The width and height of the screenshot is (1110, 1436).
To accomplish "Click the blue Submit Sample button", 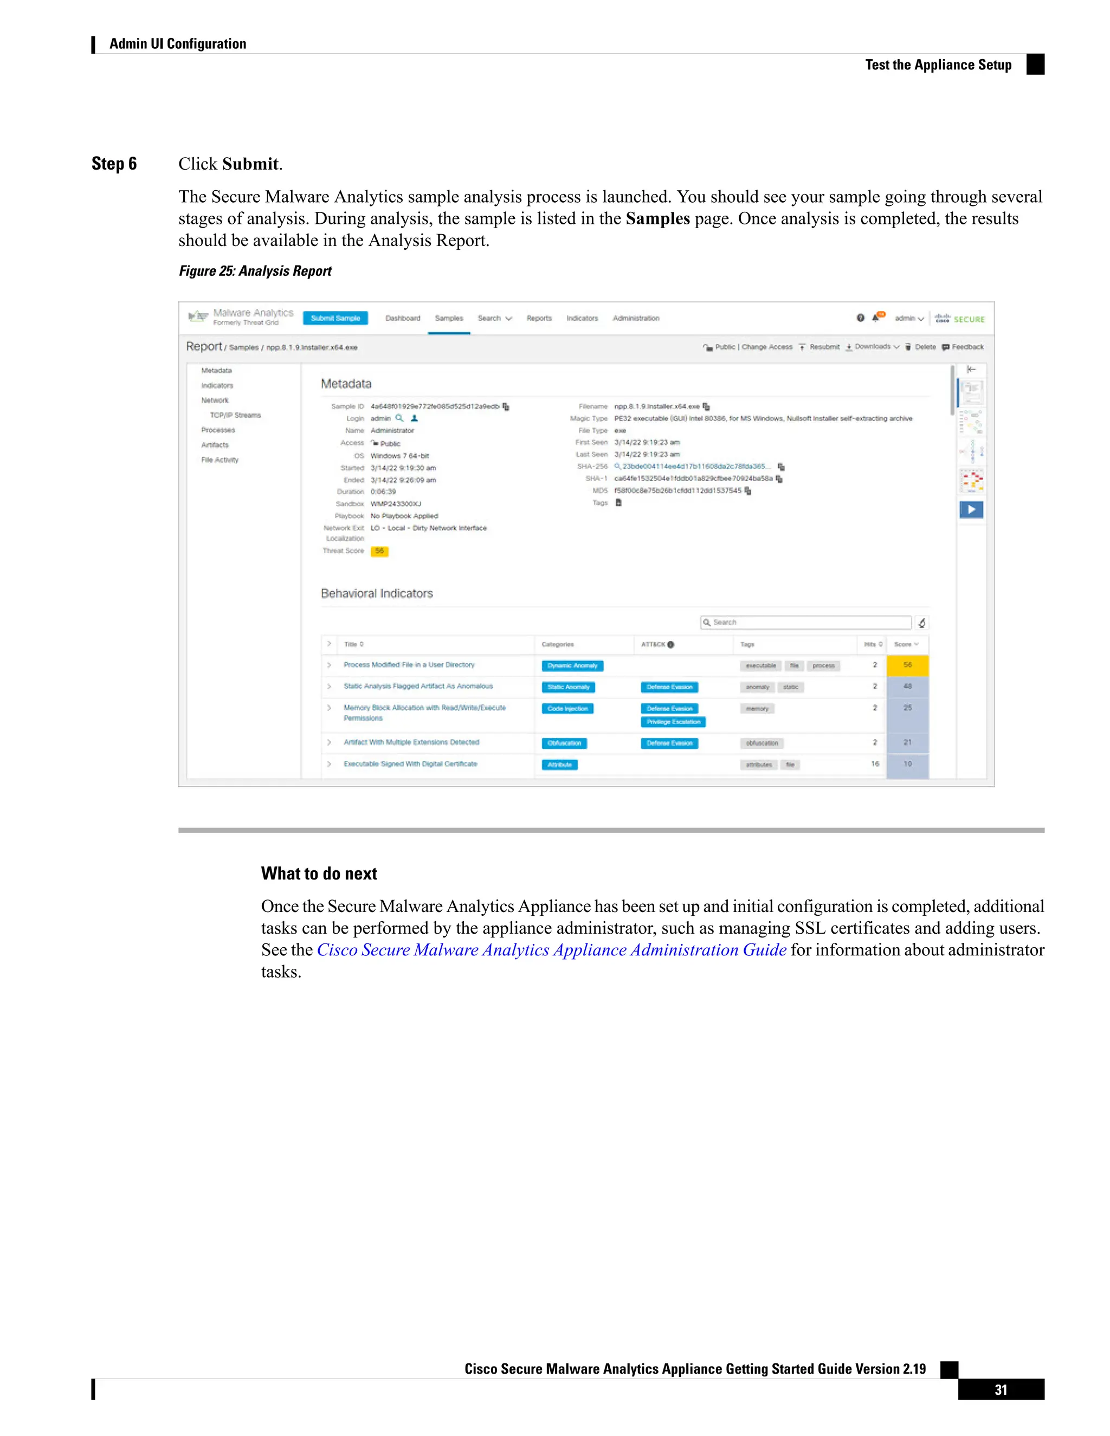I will [x=335, y=318].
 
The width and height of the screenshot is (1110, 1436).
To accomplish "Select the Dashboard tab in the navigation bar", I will [x=403, y=318].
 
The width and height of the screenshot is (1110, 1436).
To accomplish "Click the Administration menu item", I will [x=636, y=318].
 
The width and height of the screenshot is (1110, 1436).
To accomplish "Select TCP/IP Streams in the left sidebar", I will [x=235, y=416].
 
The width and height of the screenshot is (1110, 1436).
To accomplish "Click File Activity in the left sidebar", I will [x=220, y=460].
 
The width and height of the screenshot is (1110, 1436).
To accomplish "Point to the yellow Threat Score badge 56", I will [x=379, y=552].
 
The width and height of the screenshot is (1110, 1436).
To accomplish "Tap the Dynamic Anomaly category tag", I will [x=572, y=666].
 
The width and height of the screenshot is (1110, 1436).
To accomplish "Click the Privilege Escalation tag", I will [x=673, y=722].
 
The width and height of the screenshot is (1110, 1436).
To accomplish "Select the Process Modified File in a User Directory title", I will [x=408, y=665].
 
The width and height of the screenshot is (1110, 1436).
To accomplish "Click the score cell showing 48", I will [x=907, y=687].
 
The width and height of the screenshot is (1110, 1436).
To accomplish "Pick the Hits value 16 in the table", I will [x=875, y=764].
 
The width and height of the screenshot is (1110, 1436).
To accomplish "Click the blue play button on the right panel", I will [x=971, y=509].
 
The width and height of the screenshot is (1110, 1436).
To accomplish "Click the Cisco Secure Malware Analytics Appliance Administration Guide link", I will [x=551, y=950].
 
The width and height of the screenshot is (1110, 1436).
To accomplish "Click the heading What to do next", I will [x=319, y=874].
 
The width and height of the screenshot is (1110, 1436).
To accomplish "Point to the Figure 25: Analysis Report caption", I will [x=255, y=271].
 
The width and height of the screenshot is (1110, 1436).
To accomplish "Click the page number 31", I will [x=1000, y=1390].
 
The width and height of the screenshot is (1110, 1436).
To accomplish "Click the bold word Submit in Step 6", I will [x=250, y=164].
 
